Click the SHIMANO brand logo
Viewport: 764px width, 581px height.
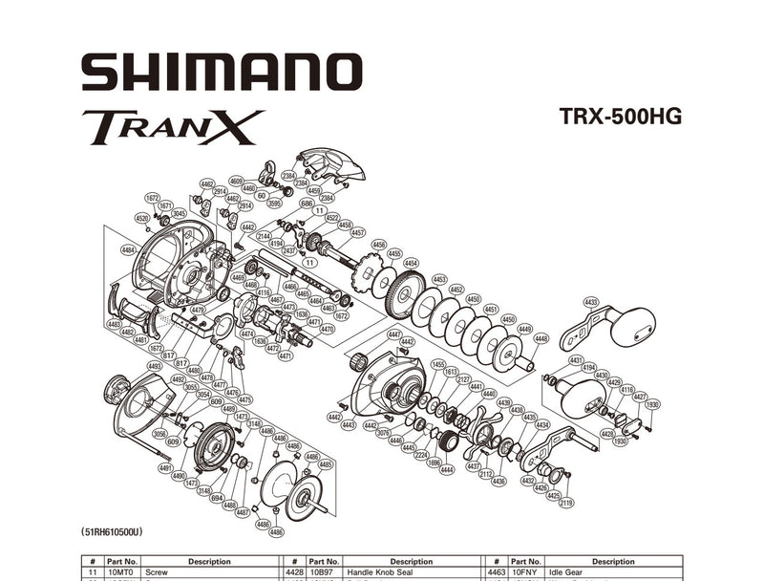222,73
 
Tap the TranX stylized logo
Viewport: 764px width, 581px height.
173,127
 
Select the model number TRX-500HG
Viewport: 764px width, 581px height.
621,117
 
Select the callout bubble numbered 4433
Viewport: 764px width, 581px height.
591,302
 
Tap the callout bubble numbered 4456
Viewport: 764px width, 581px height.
379,245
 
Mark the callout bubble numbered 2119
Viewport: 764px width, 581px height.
566,503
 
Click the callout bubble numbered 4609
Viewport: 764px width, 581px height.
237,181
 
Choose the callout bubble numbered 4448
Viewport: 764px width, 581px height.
541,338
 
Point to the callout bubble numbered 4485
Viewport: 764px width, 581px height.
326,464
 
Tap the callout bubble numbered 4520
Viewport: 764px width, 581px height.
142,218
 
